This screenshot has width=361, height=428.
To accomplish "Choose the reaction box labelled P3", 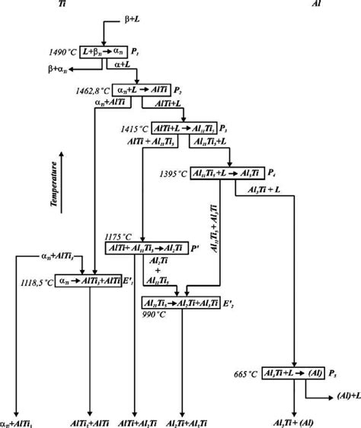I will pyautogui.click(x=184, y=127).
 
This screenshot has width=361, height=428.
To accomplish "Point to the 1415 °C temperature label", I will pyautogui.click(x=135, y=128).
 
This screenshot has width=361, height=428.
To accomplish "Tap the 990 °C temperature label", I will pyautogui.click(x=153, y=312).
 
